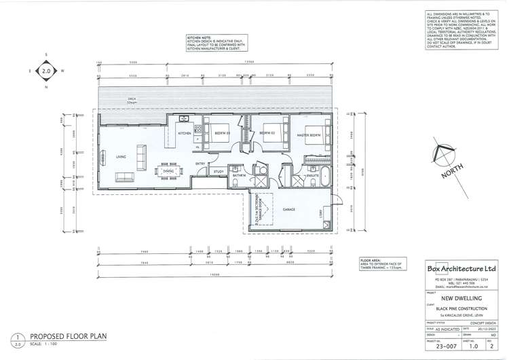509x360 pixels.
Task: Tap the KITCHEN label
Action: click(185, 134)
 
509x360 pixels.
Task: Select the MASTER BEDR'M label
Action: click(309, 136)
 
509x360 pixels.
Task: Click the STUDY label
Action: click(219, 172)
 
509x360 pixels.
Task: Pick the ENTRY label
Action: click(201, 164)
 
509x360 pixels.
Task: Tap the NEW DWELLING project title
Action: click(461, 298)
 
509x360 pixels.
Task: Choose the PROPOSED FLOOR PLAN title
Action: click(68, 336)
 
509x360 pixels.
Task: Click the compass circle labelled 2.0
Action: click(46, 71)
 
